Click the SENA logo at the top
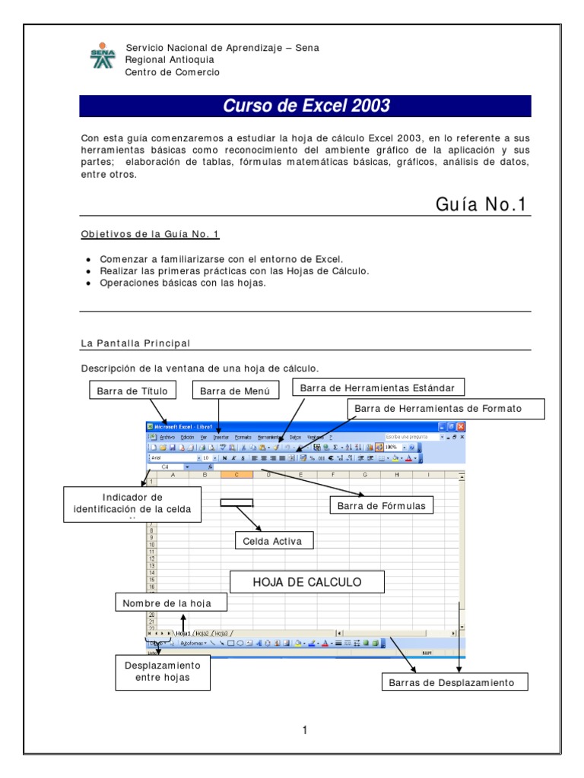point(103,59)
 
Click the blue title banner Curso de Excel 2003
point(305,106)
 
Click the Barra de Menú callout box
point(235,391)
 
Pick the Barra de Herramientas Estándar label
point(378,388)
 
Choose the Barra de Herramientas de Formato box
point(446,409)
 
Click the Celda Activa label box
point(273,541)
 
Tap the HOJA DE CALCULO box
point(306,583)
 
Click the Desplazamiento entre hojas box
point(162,671)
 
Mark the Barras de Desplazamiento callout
point(452,682)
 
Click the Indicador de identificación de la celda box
point(133,503)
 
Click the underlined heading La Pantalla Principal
point(135,343)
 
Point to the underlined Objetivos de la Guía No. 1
point(150,234)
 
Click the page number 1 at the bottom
point(304,731)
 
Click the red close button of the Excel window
point(461,427)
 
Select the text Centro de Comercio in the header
point(173,72)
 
